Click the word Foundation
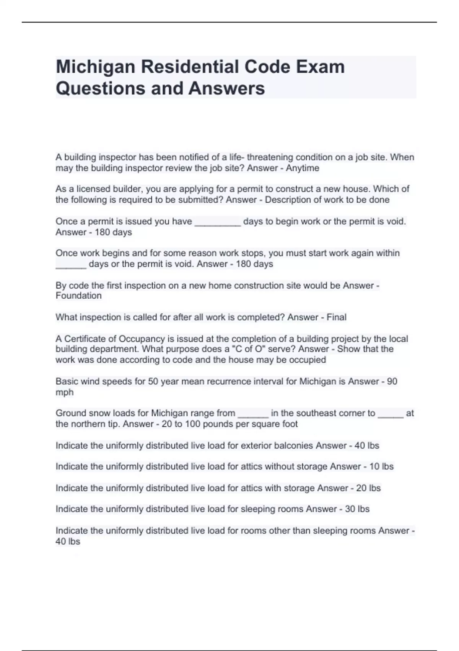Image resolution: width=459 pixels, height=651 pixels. pyautogui.click(x=78, y=296)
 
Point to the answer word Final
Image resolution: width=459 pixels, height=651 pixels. pyautogui.click(x=336, y=317)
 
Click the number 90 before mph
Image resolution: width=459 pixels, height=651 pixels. pyautogui.click(x=392, y=381)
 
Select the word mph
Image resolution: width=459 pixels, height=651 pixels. pyautogui.click(x=64, y=392)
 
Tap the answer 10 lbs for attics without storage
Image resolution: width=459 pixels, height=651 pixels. pyautogui.click(x=381, y=466)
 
